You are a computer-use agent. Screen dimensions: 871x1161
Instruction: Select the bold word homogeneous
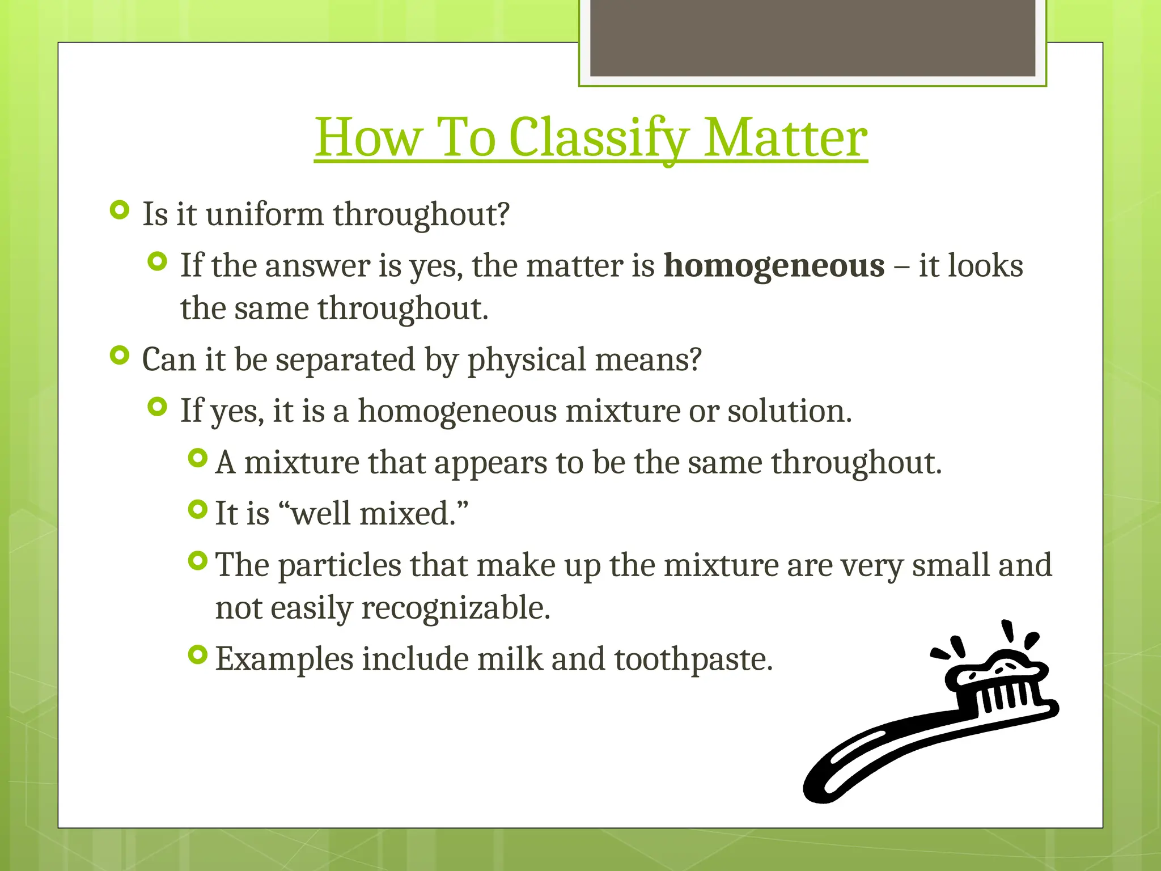tap(774, 265)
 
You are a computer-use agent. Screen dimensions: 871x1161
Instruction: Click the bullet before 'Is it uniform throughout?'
tap(120, 210)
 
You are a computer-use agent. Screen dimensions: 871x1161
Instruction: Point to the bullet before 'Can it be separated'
tap(120, 356)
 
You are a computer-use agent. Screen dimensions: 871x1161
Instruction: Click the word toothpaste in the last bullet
tap(693, 659)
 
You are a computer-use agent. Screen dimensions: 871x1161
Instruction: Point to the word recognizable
tap(455, 608)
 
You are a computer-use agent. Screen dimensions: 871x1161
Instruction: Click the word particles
tap(340, 565)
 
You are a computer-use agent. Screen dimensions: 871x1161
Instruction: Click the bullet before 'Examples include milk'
tap(197, 655)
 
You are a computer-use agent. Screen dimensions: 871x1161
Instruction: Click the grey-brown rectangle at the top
tap(812, 37)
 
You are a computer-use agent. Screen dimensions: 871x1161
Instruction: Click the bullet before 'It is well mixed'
tap(197, 510)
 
